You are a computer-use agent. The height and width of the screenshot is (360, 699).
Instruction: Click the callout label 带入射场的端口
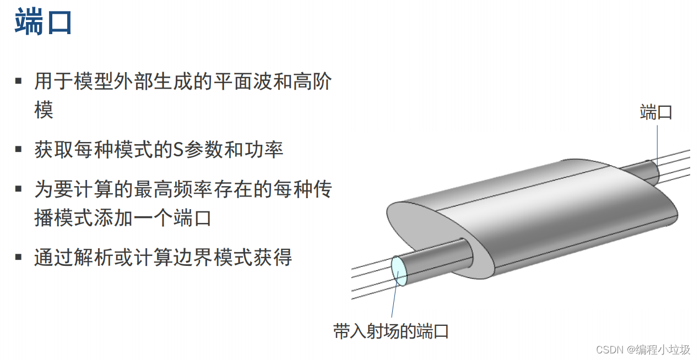tap(391, 331)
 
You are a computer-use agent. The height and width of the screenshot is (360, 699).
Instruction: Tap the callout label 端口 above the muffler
tap(656, 112)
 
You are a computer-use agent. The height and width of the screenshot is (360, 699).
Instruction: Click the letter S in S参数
tap(178, 150)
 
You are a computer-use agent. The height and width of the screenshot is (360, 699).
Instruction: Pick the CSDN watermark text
tap(609, 350)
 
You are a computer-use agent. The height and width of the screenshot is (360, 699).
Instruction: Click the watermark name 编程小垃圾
tap(662, 350)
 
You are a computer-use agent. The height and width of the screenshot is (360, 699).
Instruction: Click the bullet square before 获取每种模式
tap(19, 149)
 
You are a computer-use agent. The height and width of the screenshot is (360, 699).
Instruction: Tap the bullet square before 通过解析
tap(19, 257)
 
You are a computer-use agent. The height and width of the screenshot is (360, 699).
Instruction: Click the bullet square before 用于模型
tap(19, 81)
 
